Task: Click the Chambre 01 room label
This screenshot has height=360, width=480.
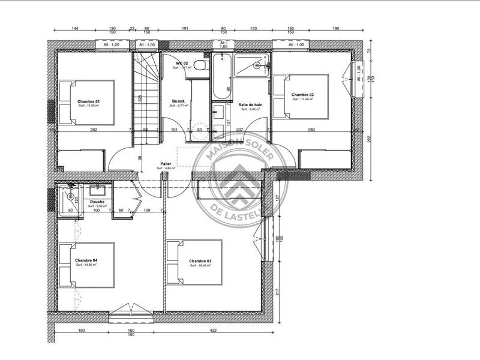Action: (88, 101)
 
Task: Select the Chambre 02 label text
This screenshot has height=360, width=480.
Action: (303, 95)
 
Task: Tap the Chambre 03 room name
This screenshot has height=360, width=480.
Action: (200, 261)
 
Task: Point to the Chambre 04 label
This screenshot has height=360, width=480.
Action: (86, 260)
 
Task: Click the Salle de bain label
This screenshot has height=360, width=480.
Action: (249, 104)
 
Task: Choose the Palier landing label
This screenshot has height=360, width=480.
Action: (166, 163)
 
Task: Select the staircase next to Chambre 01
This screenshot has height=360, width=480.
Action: (146, 96)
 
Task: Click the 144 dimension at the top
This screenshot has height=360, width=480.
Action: (76, 28)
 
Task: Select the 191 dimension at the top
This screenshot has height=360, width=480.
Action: (185, 28)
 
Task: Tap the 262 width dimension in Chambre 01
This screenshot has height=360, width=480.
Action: (94, 130)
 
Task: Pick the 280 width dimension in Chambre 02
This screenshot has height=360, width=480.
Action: (311, 130)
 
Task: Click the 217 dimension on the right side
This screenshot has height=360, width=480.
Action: (278, 292)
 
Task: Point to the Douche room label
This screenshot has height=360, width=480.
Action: (97, 202)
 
